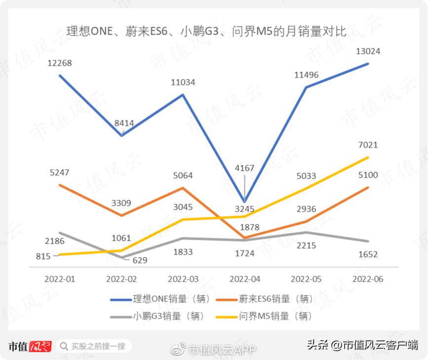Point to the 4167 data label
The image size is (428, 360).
tap(245, 168)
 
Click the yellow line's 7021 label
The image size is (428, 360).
tap(368, 145)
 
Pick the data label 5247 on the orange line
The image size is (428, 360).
tap(60, 173)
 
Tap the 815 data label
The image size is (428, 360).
tap(43, 256)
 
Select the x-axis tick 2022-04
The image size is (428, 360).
tap(245, 279)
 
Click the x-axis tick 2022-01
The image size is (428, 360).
tap(60, 279)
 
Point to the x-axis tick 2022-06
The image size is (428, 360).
tap(368, 279)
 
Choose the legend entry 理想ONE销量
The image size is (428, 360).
tap(160, 299)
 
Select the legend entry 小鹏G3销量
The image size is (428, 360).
tap(161, 316)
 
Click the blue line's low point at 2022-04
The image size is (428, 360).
tap(245, 201)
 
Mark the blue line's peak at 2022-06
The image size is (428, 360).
tap(368, 63)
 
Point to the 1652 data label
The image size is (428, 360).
tap(368, 254)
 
